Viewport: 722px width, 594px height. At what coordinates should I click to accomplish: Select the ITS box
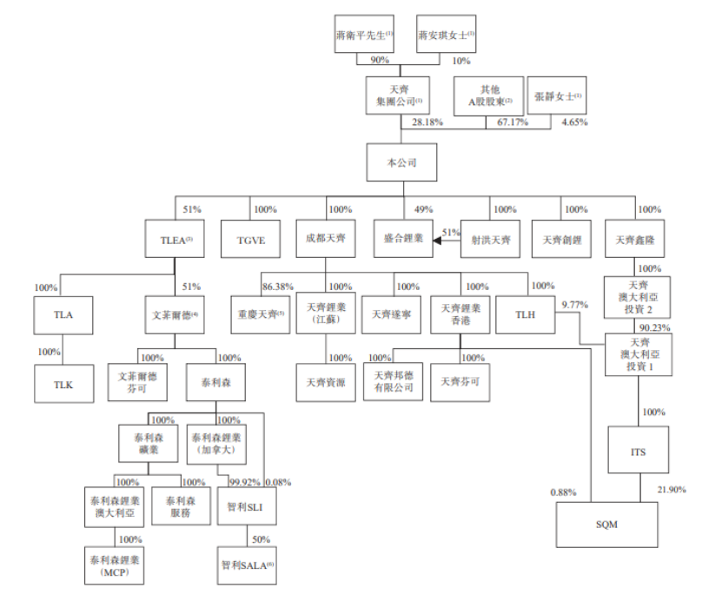pos(639,452)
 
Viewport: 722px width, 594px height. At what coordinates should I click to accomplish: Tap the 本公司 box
pos(401,162)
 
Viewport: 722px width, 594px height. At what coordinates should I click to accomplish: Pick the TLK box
pos(62,383)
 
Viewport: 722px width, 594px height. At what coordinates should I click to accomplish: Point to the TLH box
pos(525,315)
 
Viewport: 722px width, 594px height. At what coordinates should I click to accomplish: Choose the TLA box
pos(62,315)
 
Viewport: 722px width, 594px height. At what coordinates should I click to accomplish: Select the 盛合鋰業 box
pos(402,240)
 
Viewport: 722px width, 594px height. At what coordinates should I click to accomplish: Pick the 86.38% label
pos(277,286)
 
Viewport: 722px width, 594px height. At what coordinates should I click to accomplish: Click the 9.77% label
pos(575,306)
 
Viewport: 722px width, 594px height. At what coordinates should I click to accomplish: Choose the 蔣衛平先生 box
pos(363,35)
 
